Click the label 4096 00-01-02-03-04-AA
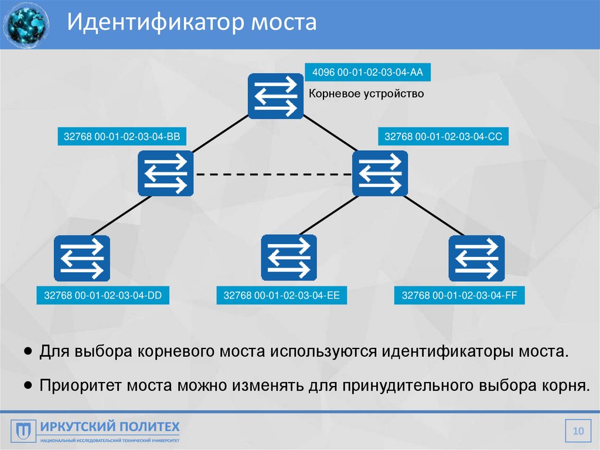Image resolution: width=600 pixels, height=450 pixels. pyautogui.click(x=368, y=73)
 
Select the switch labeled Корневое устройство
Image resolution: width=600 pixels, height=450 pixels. pyautogui.click(x=275, y=97)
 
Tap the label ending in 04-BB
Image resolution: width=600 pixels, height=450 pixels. pyautogui.click(x=122, y=137)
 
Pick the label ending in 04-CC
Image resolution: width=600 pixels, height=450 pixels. pyautogui.click(x=443, y=137)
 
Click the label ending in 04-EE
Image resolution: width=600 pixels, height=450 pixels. pyautogui.click(x=281, y=296)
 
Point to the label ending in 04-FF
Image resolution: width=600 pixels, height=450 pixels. pyautogui.click(x=459, y=296)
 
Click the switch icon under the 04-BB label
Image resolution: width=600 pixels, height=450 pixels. pyautogui.click(x=166, y=174)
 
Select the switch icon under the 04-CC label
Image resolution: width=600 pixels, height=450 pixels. pyautogui.click(x=380, y=174)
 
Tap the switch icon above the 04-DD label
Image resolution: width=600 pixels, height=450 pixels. pyautogui.click(x=81, y=258)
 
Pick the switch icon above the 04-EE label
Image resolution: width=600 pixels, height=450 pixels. pyautogui.click(x=289, y=258)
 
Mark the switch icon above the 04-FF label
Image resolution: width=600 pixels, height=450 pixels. pyautogui.click(x=476, y=258)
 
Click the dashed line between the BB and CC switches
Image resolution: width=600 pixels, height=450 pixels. pyautogui.click(x=272, y=174)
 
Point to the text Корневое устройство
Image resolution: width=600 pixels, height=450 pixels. pyautogui.click(x=366, y=93)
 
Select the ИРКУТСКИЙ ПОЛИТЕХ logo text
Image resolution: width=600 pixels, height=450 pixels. pyautogui.click(x=110, y=426)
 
